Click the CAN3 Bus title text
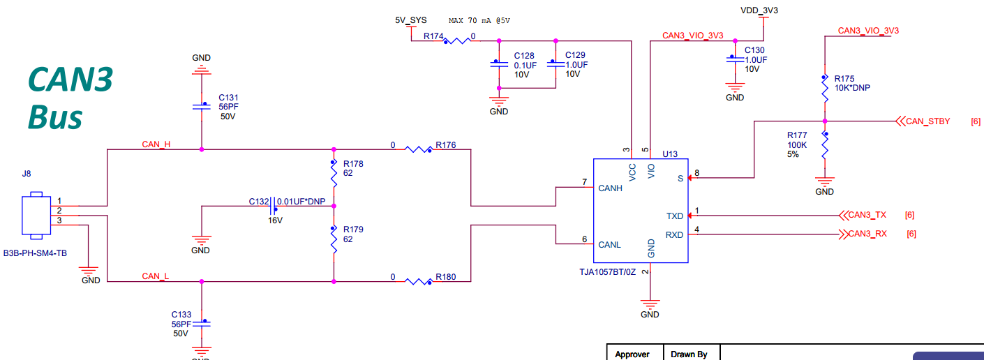click(70, 98)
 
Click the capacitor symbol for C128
click(498, 64)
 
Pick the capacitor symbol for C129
click(556, 63)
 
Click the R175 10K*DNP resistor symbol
click(825, 88)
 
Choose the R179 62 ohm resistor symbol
click(334, 239)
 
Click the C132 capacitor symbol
click(273, 207)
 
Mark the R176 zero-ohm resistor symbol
click(418, 149)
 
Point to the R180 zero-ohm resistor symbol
click(418, 282)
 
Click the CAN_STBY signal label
click(927, 121)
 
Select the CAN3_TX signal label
click(867, 215)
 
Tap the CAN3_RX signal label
click(867, 234)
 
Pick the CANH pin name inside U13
click(610, 188)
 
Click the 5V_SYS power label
click(410, 20)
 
